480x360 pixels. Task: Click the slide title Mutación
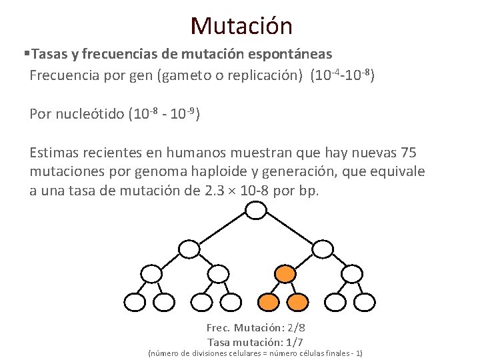click(x=241, y=26)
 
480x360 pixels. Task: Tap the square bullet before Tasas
click(x=26, y=53)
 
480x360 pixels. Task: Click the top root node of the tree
click(x=256, y=211)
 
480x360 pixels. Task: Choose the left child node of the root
click(x=190, y=249)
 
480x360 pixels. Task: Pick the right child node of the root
click(x=322, y=249)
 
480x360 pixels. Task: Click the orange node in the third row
click(x=285, y=273)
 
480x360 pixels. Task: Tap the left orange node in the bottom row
click(x=269, y=302)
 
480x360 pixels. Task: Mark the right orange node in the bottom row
click(x=297, y=302)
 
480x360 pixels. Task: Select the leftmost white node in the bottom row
click(x=135, y=302)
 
